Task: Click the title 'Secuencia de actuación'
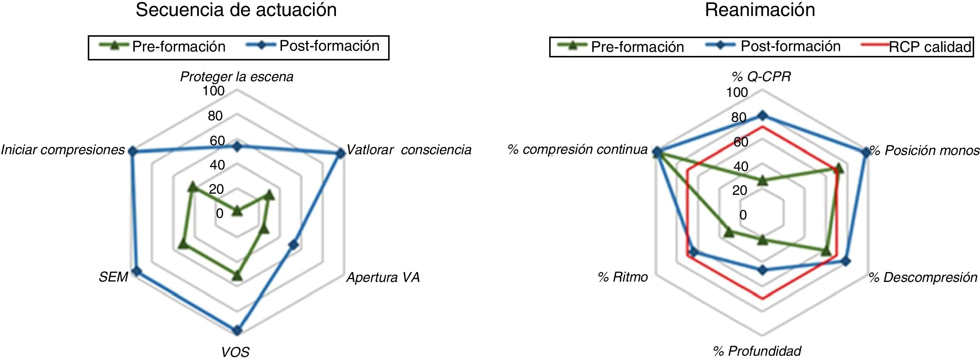[x=236, y=10]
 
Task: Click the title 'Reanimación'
[x=760, y=10]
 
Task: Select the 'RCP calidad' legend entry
[x=930, y=47]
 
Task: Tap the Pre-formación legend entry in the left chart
[x=179, y=46]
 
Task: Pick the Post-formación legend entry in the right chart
[x=790, y=46]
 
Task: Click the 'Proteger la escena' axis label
[x=236, y=77]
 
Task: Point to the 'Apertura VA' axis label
[x=383, y=277]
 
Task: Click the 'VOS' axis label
[x=235, y=352]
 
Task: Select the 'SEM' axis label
[x=113, y=277]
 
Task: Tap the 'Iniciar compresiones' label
[x=62, y=150]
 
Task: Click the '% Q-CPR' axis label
[x=761, y=77]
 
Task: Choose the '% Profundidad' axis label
[x=757, y=351]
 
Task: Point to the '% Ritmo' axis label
[x=623, y=277]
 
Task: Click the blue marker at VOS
[x=237, y=330]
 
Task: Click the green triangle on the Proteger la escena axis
[x=237, y=211]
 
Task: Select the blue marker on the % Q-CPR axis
[x=762, y=116]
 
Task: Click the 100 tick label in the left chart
[x=213, y=91]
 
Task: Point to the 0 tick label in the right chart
[x=743, y=215]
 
